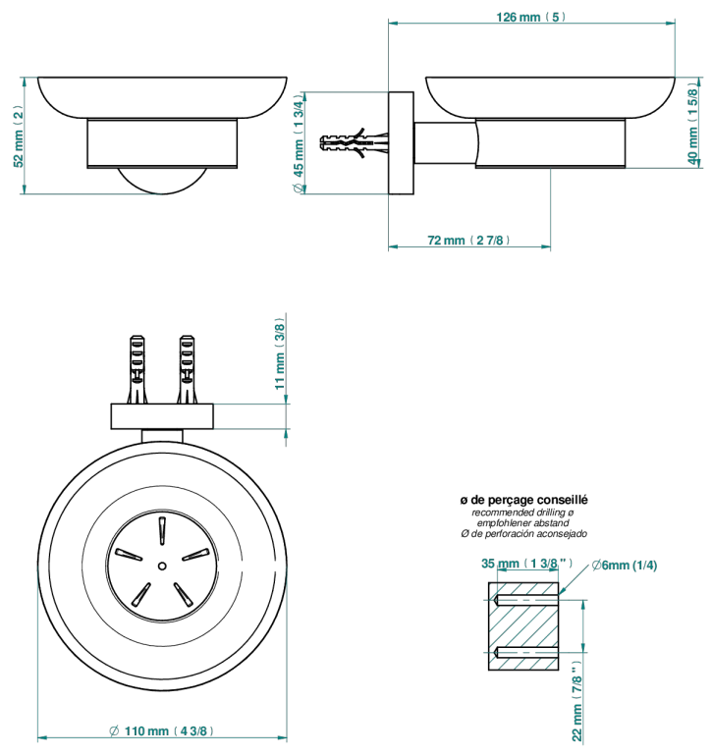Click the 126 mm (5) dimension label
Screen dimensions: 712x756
click(x=530, y=18)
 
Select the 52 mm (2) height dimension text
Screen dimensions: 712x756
click(x=18, y=135)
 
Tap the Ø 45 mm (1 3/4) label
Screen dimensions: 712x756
click(x=300, y=142)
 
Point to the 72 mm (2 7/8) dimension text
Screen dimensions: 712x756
click(x=468, y=241)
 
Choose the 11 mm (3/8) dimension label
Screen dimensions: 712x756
click(x=279, y=353)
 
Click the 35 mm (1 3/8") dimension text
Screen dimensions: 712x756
click(x=526, y=564)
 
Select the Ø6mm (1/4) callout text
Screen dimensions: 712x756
click(x=625, y=565)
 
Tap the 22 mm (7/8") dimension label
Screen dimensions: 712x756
click(x=576, y=701)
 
